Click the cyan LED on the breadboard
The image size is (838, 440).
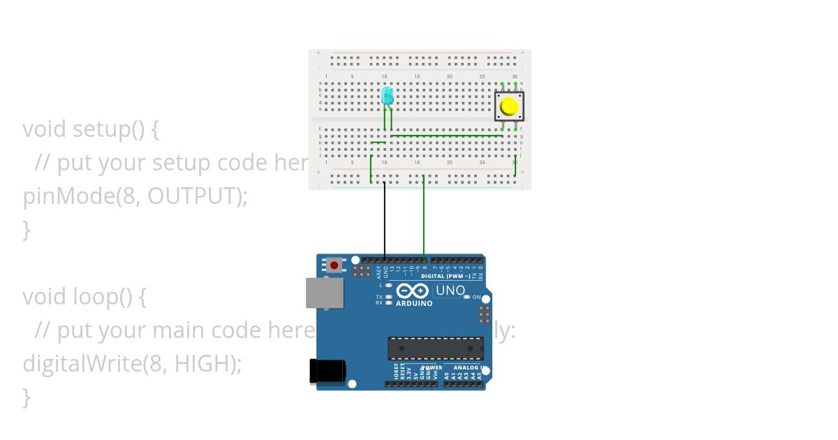tap(388, 96)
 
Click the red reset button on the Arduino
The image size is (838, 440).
tap(335, 265)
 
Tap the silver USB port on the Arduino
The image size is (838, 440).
tap(325, 293)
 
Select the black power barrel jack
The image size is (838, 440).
tap(327, 370)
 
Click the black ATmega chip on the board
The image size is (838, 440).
tap(436, 349)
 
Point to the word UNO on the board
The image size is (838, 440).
tap(450, 291)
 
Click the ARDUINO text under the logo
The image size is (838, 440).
tap(414, 304)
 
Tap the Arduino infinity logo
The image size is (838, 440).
tap(413, 291)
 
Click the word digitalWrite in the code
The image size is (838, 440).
tap(76, 364)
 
